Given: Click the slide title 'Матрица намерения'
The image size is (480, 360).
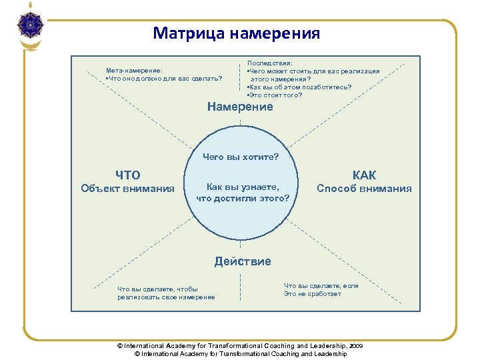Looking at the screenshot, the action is pyautogui.click(x=236, y=33).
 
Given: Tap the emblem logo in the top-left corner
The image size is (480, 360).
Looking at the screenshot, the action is pyautogui.click(x=31, y=27).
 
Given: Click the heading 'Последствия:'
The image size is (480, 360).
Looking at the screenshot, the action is pyautogui.click(x=265, y=63).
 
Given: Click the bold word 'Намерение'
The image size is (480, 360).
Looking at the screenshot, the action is pyautogui.click(x=240, y=107).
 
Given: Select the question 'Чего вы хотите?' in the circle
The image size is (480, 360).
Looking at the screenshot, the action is pyautogui.click(x=241, y=158).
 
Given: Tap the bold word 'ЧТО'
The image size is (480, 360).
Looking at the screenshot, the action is pyautogui.click(x=128, y=175).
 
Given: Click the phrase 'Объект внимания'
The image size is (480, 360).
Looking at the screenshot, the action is pyautogui.click(x=127, y=189).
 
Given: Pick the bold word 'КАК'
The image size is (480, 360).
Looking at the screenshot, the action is pyautogui.click(x=364, y=175).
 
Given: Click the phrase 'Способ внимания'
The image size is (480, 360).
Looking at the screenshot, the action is pyautogui.click(x=364, y=189).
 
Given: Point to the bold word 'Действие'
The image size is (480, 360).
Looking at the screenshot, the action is pyautogui.click(x=243, y=261).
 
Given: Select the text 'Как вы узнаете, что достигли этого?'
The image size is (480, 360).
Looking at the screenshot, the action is pyautogui.click(x=243, y=193).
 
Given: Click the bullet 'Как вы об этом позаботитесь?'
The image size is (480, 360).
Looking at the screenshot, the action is pyautogui.click(x=299, y=87).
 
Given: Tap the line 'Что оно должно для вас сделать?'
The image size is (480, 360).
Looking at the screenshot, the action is pyautogui.click(x=164, y=78).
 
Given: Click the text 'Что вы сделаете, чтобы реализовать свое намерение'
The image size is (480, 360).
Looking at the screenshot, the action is pyautogui.click(x=166, y=293).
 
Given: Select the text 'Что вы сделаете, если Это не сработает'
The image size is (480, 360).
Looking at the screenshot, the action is pyautogui.click(x=321, y=290).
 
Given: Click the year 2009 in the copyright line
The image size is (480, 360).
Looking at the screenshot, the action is pyautogui.click(x=356, y=346).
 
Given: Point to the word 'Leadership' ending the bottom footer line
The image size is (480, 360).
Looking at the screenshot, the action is pyautogui.click(x=330, y=354).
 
